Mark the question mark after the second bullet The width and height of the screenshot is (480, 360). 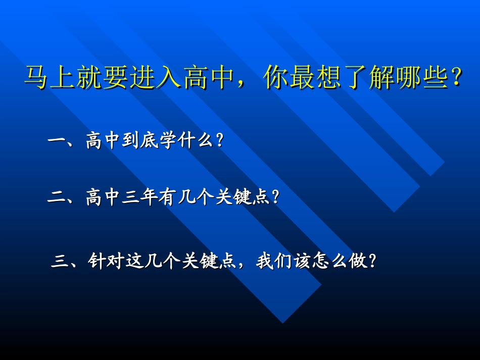pos(275,197)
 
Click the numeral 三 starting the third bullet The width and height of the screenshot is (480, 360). pos(60,262)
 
